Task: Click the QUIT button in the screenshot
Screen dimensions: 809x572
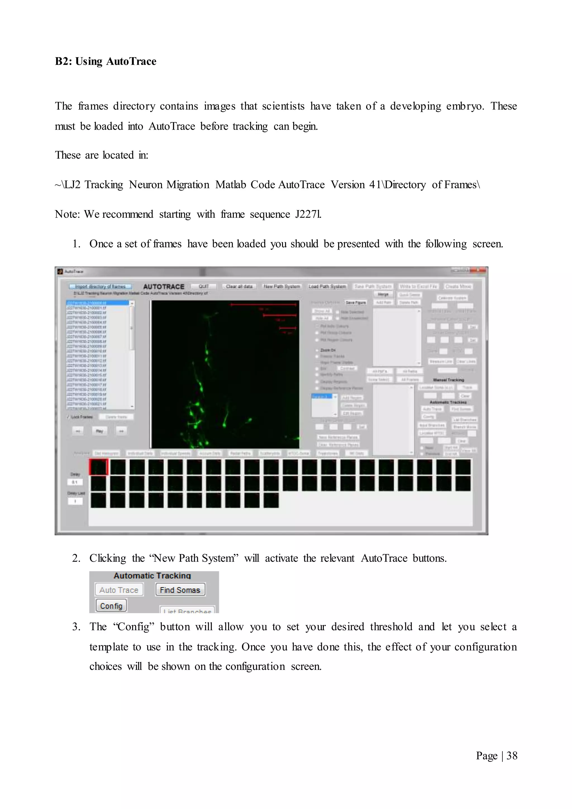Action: pyautogui.click(x=204, y=286)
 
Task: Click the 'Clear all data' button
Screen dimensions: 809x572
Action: pyautogui.click(x=239, y=286)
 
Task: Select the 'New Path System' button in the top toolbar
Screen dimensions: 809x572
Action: pyautogui.click(x=282, y=286)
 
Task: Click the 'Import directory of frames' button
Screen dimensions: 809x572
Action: pyautogui.click(x=100, y=286)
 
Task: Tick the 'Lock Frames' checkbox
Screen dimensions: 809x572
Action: pyautogui.click(x=69, y=417)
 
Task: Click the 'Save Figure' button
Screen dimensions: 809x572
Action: pyautogui.click(x=355, y=303)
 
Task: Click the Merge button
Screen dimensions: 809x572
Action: pyautogui.click(x=383, y=294)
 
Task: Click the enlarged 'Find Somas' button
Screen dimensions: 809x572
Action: pyautogui.click(x=180, y=590)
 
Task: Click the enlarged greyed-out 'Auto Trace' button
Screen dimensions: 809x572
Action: pyautogui.click(x=119, y=590)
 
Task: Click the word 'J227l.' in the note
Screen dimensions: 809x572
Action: pyautogui.click(x=308, y=214)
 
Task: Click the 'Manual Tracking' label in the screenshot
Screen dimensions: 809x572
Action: pyautogui.click(x=448, y=380)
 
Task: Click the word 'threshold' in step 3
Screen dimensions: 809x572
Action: pyautogui.click(x=391, y=627)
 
